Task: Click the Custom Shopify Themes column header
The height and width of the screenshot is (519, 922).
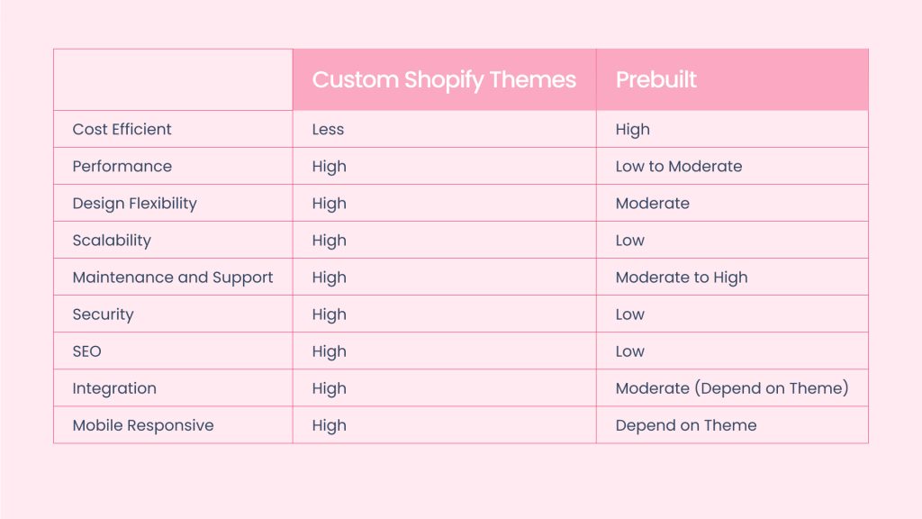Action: pyautogui.click(x=444, y=80)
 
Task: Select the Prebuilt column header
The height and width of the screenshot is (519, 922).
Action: pyautogui.click(x=655, y=79)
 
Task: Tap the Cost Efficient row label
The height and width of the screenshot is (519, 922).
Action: pyautogui.click(x=122, y=130)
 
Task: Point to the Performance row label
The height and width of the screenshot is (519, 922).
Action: pyautogui.click(x=122, y=167)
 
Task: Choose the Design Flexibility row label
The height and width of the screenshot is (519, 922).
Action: pyautogui.click(x=135, y=204)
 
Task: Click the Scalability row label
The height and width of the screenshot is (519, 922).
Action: pyautogui.click(x=112, y=241)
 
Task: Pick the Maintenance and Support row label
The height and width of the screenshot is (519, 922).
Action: pyautogui.click(x=173, y=278)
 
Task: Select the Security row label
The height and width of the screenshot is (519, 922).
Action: pyautogui.click(x=103, y=314)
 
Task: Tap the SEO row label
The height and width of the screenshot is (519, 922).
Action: pyautogui.click(x=87, y=351)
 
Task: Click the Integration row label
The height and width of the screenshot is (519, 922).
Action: pyautogui.click(x=114, y=389)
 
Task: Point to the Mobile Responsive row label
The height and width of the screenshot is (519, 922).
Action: pyautogui.click(x=143, y=425)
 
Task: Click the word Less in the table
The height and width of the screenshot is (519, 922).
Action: pyautogui.click(x=328, y=130)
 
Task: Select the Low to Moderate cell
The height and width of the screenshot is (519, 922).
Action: pyautogui.click(x=679, y=167)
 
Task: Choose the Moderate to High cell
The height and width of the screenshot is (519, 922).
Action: pyautogui.click(x=682, y=278)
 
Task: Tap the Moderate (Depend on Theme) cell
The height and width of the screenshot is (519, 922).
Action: pyautogui.click(x=732, y=388)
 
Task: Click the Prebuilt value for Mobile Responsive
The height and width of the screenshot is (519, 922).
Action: pyautogui.click(x=686, y=425)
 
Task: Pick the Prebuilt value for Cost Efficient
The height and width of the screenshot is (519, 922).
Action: pyautogui.click(x=633, y=130)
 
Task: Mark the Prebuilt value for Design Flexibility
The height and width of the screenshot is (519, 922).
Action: pyautogui.click(x=653, y=204)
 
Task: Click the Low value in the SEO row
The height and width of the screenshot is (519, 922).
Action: pyautogui.click(x=629, y=352)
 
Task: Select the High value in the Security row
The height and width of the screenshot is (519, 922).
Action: pyautogui.click(x=330, y=315)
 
